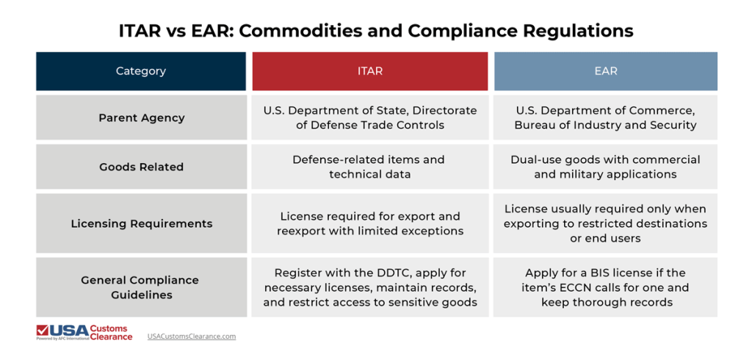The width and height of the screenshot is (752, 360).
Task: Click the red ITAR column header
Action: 369,71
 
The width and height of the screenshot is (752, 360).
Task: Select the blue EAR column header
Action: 605,71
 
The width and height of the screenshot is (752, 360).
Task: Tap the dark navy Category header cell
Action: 141,71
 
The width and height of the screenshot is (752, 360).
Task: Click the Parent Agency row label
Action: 141,118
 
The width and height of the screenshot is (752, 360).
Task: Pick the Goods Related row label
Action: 141,167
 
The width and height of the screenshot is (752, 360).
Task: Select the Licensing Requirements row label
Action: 141,223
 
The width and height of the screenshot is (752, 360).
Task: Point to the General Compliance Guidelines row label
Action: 141,287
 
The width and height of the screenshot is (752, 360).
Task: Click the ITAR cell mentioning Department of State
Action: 369,118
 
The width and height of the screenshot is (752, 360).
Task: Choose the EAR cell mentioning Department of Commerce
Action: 605,118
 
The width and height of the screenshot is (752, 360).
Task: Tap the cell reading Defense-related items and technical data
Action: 369,167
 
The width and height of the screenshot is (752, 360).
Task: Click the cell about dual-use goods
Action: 605,167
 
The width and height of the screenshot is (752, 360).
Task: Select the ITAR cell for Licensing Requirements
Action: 369,223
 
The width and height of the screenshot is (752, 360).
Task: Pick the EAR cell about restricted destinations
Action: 605,223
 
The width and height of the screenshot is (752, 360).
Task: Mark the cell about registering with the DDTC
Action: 369,287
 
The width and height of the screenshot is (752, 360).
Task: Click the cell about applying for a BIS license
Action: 605,287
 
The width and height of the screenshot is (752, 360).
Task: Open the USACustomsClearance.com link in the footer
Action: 191,336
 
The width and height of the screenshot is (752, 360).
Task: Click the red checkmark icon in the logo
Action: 43,331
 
